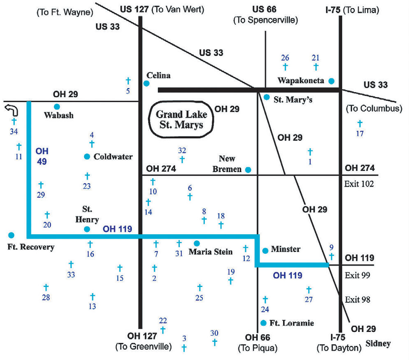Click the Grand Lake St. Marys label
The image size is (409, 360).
point(181,119)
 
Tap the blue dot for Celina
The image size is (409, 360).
point(146,84)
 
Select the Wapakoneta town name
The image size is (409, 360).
point(301,81)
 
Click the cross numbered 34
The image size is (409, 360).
point(14,121)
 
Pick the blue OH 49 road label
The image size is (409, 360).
point(42,156)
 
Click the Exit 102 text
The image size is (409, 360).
point(359,184)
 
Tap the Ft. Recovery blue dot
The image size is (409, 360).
point(11,235)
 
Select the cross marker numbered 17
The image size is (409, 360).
point(360,124)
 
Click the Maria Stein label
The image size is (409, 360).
point(211,252)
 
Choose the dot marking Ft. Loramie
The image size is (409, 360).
point(263,323)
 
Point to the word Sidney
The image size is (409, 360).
point(378,343)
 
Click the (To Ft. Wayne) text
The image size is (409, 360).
point(65,13)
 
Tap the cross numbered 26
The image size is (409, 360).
point(285,67)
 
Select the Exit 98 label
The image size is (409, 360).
point(357,300)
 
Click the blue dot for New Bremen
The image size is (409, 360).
point(248,170)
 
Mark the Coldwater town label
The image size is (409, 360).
point(113,156)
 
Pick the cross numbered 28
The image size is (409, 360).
point(46,287)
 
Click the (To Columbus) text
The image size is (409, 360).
point(374,108)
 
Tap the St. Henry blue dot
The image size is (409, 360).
point(87,229)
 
